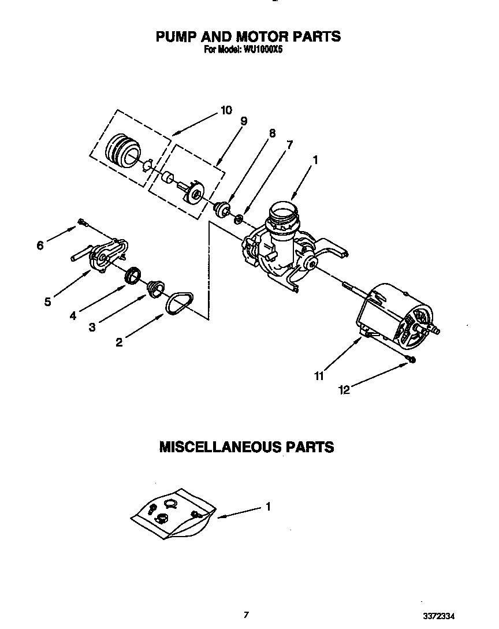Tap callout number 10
click(226, 110)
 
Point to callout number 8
click(272, 133)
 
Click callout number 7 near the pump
click(289, 145)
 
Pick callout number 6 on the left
click(40, 245)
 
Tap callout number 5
click(48, 301)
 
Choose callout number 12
click(344, 390)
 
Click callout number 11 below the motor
click(319, 376)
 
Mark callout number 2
click(119, 343)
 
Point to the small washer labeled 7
click(237, 219)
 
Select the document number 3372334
click(443, 616)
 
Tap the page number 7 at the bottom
click(246, 615)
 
